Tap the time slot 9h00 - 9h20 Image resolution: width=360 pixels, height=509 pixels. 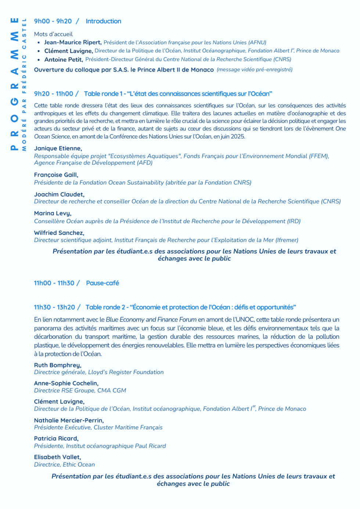pos(53,21)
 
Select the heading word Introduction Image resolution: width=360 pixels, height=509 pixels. pos(103,21)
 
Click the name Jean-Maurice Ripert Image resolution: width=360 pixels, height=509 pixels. pos(72,43)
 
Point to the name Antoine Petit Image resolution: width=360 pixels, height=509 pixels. pos(63,59)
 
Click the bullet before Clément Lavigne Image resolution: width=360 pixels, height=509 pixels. pos(39,51)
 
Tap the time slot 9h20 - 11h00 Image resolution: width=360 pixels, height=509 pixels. pos(54,94)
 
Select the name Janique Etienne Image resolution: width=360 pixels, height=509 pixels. pos(58,148)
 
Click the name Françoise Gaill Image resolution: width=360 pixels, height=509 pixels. pos(56,175)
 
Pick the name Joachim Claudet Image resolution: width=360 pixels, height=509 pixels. pos(59,194)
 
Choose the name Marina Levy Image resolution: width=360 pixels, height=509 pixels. pos(53,213)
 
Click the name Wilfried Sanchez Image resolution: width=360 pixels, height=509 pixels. pos(59,233)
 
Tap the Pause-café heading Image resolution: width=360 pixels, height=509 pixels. pos(102,283)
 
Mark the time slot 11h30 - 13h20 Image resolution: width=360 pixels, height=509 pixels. pos(54,307)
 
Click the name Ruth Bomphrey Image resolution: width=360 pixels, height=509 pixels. pos(58,365)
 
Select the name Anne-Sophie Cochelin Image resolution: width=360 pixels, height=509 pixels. pos(66,383)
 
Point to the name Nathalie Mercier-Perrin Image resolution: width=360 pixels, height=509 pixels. pos(69,420)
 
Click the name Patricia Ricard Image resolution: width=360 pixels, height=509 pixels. pos(56,438)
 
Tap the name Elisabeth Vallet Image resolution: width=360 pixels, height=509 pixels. pos(57,457)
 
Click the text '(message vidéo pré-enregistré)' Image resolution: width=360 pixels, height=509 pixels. pos(255,70)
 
